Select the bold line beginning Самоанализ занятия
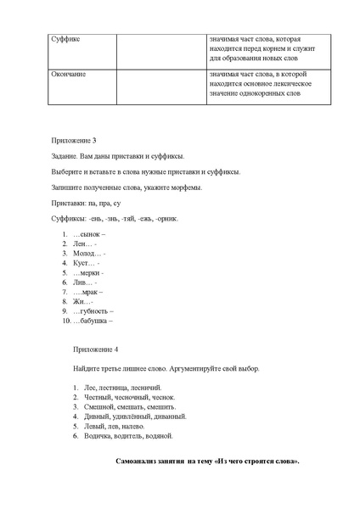coord(207,461)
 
